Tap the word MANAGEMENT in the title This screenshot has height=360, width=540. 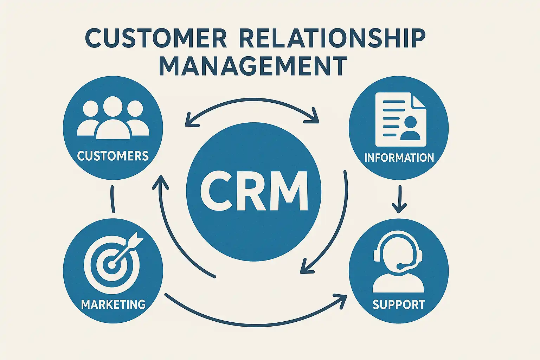pyautogui.click(x=253, y=66)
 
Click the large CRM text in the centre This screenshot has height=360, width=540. pyautogui.click(x=254, y=191)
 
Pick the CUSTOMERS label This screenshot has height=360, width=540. pyautogui.click(x=113, y=156)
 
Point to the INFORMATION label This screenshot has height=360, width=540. pyautogui.click(x=399, y=157)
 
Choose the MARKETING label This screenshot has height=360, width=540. pyautogui.click(x=113, y=304)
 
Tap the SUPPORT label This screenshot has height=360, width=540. pyautogui.click(x=399, y=304)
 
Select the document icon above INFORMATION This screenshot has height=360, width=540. pyautogui.click(x=400, y=119)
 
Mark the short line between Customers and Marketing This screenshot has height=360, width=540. pyautogui.click(x=112, y=199)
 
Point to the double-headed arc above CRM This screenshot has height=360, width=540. pyautogui.click(x=252, y=102)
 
